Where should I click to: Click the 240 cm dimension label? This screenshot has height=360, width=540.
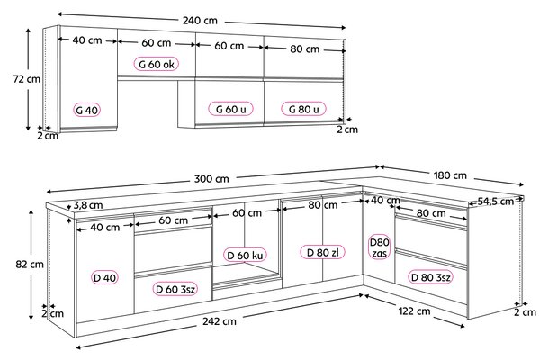(x=200, y=21)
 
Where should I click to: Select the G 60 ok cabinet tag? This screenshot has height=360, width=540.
(x=157, y=64)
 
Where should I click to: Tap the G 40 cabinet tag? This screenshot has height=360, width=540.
(x=87, y=110)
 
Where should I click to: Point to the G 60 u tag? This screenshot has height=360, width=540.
(x=230, y=109)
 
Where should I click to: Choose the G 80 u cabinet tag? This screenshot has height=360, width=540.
(x=303, y=109)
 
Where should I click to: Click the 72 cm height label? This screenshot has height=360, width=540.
(x=26, y=79)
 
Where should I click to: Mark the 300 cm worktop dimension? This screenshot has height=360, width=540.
(x=211, y=179)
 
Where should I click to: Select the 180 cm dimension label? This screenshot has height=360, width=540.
(x=450, y=175)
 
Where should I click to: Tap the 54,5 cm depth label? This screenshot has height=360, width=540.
(x=495, y=202)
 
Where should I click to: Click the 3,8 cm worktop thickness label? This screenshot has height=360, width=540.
(x=88, y=205)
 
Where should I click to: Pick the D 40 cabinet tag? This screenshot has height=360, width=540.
(x=105, y=278)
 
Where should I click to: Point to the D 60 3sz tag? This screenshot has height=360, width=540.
(x=175, y=289)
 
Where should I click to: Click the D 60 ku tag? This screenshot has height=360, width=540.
(x=245, y=256)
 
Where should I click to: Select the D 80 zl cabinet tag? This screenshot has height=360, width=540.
(x=322, y=253)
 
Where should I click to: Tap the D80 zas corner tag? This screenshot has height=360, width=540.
(x=379, y=247)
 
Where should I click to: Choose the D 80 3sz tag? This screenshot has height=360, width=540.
(x=430, y=277)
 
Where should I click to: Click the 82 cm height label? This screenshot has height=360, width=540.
(x=30, y=265)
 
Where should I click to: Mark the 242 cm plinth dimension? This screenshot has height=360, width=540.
(x=220, y=321)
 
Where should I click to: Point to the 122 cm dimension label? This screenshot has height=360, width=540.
(x=414, y=311)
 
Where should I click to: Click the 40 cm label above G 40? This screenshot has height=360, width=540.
(x=87, y=40)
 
